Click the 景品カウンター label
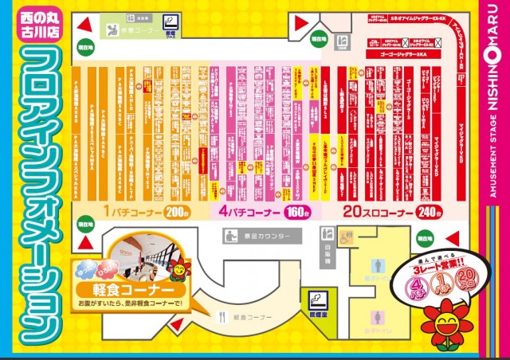pos(262,237)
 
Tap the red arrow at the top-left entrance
pos(84,47)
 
